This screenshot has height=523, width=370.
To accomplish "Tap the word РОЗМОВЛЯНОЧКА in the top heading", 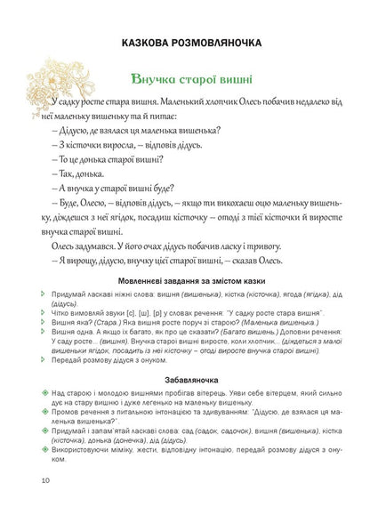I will [x=233, y=42].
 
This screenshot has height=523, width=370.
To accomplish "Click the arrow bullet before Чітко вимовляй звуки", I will [x=44, y=311].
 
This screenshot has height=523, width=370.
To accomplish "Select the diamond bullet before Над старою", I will [x=44, y=366].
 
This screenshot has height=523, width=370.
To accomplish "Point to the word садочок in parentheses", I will [x=218, y=405].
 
